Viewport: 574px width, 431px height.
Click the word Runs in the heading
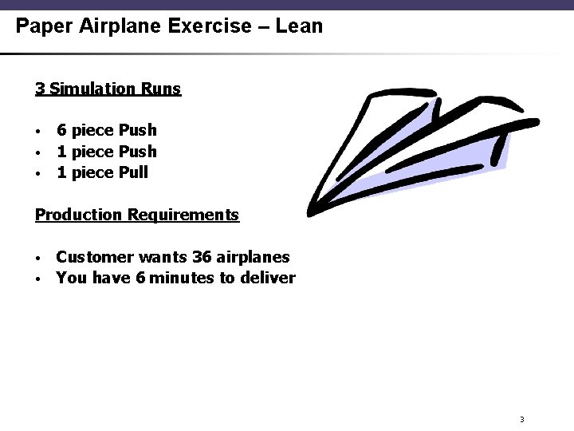coord(163,88)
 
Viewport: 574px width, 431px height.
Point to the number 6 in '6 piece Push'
coord(61,130)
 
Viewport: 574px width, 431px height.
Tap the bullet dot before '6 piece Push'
coord(37,131)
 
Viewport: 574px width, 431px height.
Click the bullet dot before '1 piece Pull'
coord(37,173)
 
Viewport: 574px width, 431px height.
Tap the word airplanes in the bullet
coord(253,257)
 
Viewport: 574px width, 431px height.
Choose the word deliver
coord(269,279)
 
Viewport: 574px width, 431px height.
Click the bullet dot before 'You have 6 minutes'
coord(37,279)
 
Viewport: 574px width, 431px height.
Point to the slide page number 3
coord(521,420)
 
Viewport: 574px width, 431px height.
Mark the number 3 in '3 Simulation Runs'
coord(39,88)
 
